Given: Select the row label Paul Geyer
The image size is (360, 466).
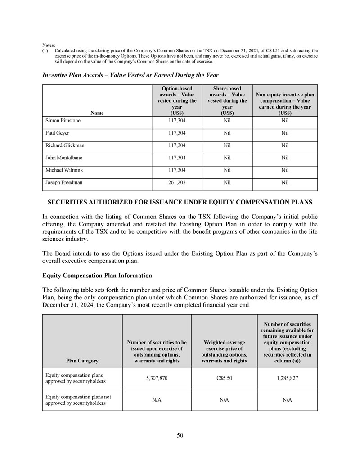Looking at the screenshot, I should click(57, 133).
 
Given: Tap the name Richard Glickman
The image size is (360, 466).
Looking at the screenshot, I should click(65, 145).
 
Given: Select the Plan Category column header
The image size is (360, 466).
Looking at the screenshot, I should click(82, 361).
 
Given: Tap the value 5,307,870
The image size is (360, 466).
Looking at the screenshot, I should click(157, 378).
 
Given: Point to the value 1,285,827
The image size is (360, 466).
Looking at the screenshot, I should click(288, 378).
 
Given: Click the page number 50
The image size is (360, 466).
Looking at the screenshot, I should click(180, 435).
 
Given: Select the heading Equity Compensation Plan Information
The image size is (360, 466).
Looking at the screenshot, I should click(97, 275).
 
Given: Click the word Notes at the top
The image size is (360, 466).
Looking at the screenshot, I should click(49, 45).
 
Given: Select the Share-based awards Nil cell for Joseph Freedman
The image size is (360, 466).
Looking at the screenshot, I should click(227, 183).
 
